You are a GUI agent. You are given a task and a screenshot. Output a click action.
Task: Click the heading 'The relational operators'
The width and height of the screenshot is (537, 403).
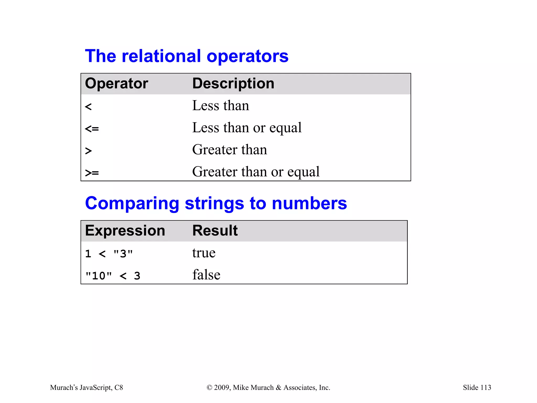click(x=187, y=56)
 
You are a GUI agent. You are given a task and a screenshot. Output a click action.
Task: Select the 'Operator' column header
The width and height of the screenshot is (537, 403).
click(x=116, y=84)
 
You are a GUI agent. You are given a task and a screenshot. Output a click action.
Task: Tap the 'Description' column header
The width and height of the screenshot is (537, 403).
click(x=233, y=84)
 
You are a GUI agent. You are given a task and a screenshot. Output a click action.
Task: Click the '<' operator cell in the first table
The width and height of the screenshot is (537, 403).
click(x=88, y=107)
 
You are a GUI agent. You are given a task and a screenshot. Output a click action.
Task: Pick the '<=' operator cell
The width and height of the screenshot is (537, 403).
click(x=92, y=129)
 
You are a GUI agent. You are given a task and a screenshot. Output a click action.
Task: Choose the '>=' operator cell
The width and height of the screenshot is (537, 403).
click(x=92, y=173)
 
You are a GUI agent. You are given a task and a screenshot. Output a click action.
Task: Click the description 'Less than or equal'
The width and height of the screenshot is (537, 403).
click(x=247, y=128)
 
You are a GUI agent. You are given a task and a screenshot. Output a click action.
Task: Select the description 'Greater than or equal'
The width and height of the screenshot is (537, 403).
click(x=256, y=172)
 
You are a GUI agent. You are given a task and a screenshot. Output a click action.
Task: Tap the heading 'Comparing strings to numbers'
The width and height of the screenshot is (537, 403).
click(x=216, y=203)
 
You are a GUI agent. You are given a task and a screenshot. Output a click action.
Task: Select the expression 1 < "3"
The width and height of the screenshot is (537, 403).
click(x=109, y=254)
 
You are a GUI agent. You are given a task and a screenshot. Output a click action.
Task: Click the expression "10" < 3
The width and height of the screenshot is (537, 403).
click(x=113, y=276)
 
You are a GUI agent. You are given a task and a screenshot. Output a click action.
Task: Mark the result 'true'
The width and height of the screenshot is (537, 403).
click(x=204, y=253)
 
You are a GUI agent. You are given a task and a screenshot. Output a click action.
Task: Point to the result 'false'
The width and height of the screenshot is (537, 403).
click(x=206, y=275)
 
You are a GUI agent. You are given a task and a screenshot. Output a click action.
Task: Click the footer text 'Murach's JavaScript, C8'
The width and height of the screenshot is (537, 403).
click(x=87, y=388)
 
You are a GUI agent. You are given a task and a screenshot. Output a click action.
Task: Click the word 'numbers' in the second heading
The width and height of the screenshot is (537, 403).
click(x=309, y=203)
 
